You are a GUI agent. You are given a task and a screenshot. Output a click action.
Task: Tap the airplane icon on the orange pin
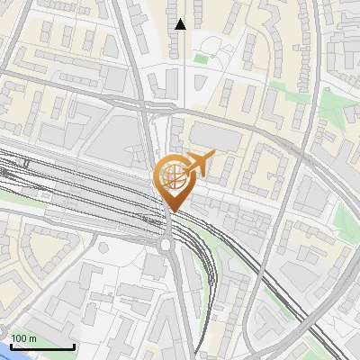[197, 164]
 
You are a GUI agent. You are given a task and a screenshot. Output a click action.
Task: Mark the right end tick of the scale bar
[74, 346]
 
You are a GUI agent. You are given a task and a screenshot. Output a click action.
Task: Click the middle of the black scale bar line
[41, 347]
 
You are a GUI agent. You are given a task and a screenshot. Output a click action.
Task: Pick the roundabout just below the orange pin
[166, 242]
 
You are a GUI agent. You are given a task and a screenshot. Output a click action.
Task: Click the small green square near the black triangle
[201, 59]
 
